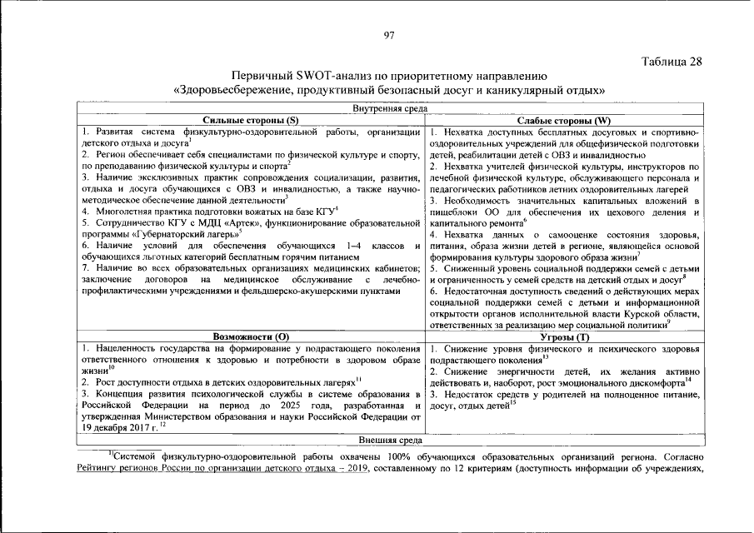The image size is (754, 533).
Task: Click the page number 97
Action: click(x=388, y=35)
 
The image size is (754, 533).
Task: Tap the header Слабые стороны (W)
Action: click(x=564, y=120)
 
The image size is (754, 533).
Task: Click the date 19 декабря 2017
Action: click(x=117, y=426)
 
